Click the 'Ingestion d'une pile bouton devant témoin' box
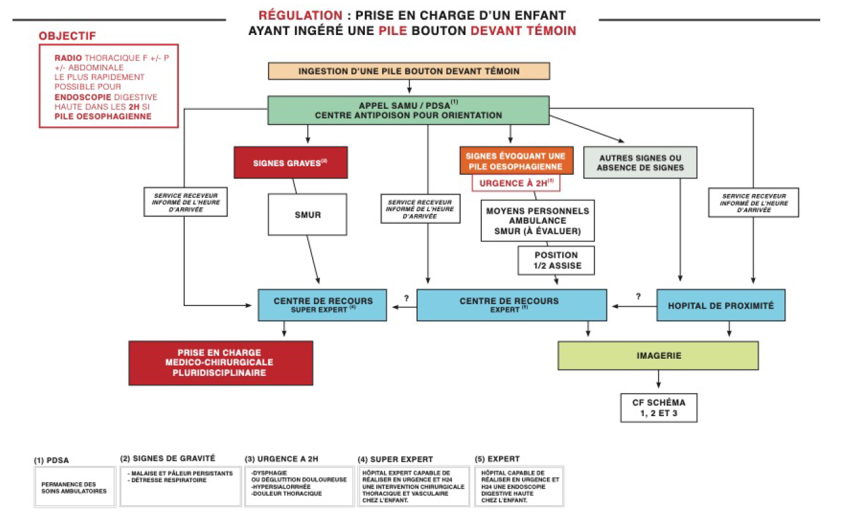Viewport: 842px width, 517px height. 408,71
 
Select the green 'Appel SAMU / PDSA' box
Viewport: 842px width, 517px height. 408,110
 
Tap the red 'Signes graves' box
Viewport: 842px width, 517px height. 290,162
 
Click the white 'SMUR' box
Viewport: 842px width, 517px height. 308,214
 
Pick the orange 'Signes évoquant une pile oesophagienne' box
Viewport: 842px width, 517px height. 517,161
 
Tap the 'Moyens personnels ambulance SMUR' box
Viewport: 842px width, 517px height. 537,221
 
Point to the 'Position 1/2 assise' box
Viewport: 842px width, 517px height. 556,260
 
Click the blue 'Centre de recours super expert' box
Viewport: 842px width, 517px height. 323,305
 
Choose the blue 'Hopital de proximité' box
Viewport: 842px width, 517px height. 721,305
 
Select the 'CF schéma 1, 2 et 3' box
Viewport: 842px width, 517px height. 658,408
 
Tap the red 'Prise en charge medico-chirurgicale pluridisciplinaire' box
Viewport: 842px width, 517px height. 220,363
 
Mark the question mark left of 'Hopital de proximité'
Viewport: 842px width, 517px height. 637,296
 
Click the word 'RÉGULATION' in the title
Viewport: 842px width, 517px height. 300,15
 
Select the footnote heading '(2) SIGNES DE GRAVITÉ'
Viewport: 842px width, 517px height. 168,458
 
